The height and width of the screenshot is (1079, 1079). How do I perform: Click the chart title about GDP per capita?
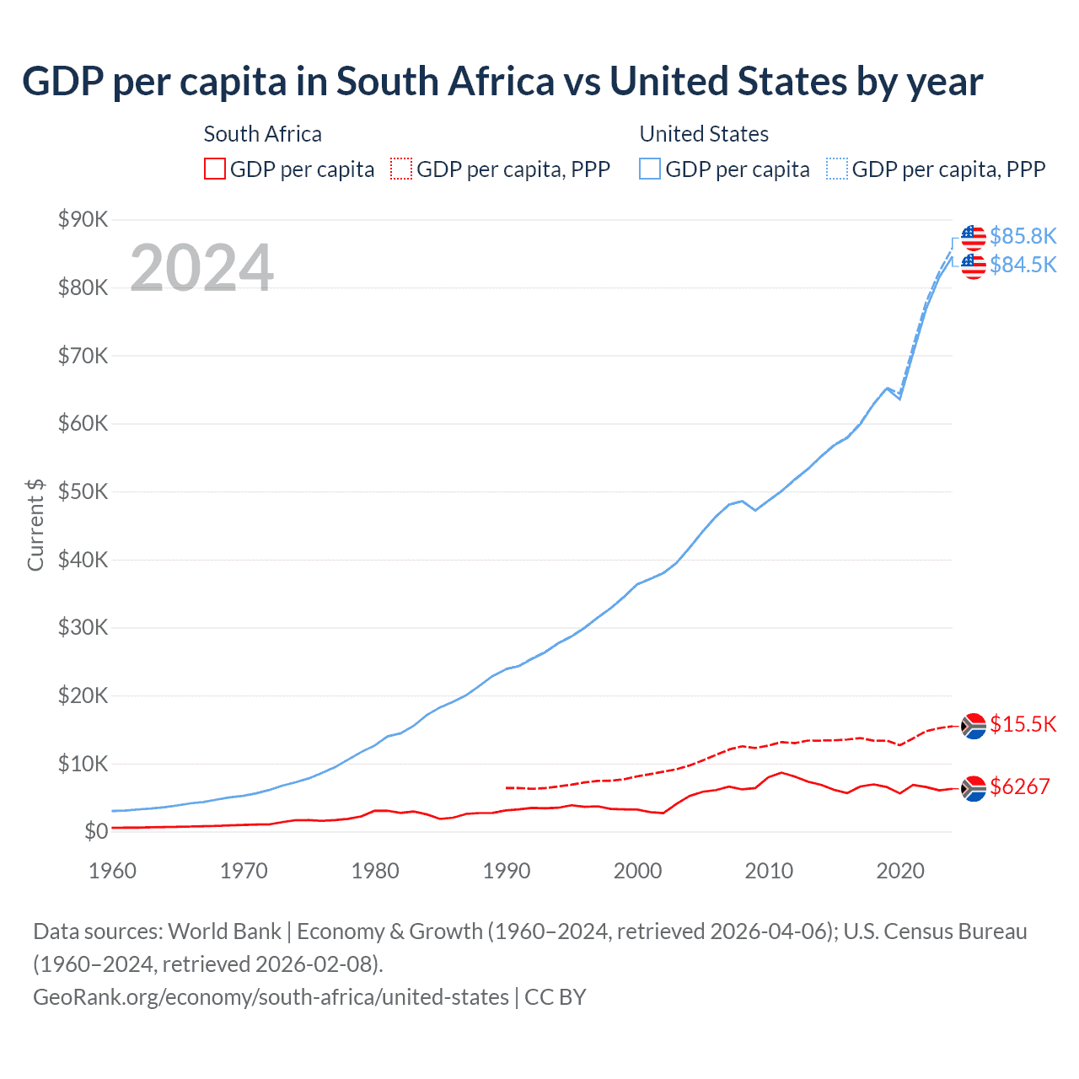[502, 82]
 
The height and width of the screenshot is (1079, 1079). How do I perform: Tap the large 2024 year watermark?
[201, 268]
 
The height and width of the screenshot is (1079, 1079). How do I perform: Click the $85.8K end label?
[1023, 236]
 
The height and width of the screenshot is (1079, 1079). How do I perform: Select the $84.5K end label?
[1023, 265]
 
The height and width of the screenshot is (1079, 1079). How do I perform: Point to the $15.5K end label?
[1023, 724]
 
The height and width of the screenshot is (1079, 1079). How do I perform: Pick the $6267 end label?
[1019, 786]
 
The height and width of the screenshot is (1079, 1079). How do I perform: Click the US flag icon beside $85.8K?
[974, 237]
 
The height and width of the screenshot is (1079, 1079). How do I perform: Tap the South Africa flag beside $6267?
[974, 788]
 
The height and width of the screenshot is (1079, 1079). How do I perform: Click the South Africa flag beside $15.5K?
[974, 726]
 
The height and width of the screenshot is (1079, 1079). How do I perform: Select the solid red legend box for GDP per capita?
[215, 169]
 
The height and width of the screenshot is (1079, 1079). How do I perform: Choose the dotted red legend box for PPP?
[401, 169]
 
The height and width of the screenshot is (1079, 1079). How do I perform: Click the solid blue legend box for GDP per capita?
[650, 169]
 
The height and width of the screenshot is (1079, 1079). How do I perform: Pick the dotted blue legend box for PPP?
[837, 169]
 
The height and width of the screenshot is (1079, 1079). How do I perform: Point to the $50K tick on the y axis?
[83, 491]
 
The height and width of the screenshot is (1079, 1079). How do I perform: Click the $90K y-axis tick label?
[83, 220]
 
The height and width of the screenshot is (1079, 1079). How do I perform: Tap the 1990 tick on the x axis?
[507, 871]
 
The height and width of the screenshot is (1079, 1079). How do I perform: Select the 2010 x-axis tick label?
[769, 871]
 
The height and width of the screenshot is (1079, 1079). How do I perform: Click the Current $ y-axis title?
[35, 524]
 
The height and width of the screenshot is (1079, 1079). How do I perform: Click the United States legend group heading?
[704, 134]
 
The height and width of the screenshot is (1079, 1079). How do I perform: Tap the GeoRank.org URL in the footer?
[271, 997]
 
